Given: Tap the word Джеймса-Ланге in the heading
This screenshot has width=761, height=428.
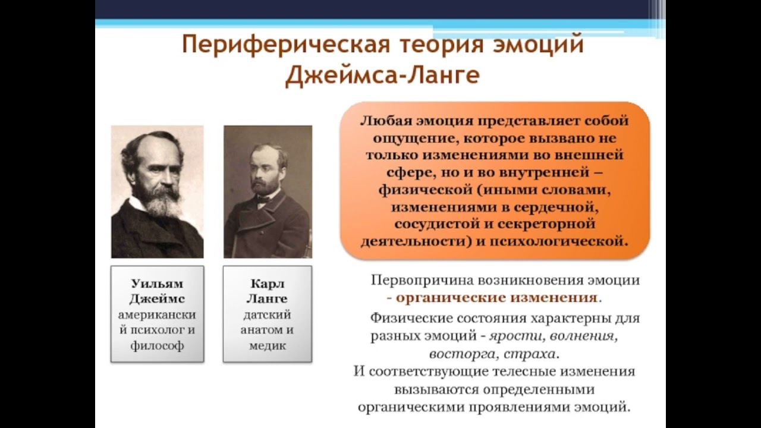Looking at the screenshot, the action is (x=382, y=75).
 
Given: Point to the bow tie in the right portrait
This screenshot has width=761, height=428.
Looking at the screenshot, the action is (x=263, y=198).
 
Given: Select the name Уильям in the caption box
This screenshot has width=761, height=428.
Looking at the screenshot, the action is (x=157, y=284).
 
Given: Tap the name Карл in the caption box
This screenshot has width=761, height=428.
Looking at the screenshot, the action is (x=268, y=284).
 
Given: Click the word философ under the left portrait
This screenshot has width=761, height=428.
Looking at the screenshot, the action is (x=157, y=345).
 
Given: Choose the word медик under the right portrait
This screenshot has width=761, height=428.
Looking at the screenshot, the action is (x=268, y=345).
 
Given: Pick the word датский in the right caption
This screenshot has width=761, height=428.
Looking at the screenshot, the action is (x=267, y=314).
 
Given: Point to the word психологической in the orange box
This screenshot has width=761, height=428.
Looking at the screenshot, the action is (x=558, y=241).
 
